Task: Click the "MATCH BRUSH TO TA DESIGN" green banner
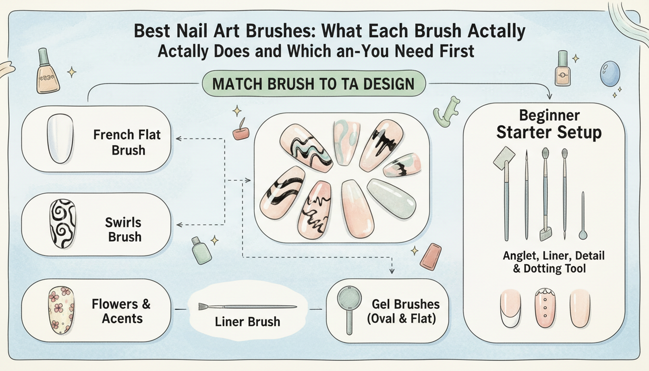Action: (x=313, y=84)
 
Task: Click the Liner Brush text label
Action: (x=248, y=321)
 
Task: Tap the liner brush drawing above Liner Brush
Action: (x=247, y=307)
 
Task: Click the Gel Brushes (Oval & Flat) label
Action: (x=406, y=311)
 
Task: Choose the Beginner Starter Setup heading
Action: (x=549, y=124)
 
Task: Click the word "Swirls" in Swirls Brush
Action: (x=123, y=223)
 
